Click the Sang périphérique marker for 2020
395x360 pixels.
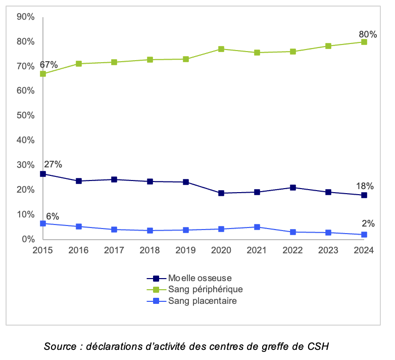pyautogui.click(x=221, y=49)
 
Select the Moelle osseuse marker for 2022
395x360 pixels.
pyautogui.click(x=292, y=188)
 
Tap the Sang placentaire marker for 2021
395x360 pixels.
pyautogui.click(x=257, y=227)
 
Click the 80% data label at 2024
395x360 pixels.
pyautogui.click(x=368, y=35)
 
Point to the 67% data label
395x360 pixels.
pyautogui.click(x=48, y=65)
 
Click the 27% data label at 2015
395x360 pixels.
pyautogui.click(x=53, y=164)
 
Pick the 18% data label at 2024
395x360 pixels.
pyautogui.click(x=364, y=186)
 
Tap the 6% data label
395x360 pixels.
pyautogui.click(x=52, y=216)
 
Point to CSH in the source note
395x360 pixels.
pyautogui.click(x=318, y=347)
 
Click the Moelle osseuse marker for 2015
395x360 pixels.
pyautogui.click(x=43, y=174)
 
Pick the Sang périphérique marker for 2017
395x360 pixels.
pyautogui.click(x=114, y=62)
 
